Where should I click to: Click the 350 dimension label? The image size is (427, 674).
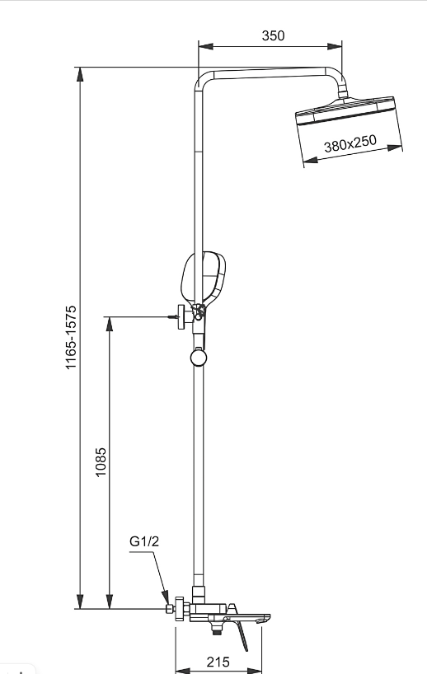pyautogui.click(x=273, y=35)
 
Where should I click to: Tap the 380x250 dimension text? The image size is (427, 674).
pyautogui.click(x=350, y=143)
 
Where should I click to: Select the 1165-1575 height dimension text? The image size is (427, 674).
pyautogui.click(x=71, y=337)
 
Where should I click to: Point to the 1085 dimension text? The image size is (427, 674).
pyautogui.click(x=101, y=462)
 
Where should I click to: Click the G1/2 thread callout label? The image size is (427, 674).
pyautogui.click(x=144, y=541)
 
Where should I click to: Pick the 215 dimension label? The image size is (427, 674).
pyautogui.click(x=218, y=662)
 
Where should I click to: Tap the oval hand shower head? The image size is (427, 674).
pyautogui.click(x=204, y=277)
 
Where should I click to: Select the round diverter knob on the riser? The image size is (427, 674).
pyautogui.click(x=198, y=358)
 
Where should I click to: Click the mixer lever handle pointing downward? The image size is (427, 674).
pyautogui.click(x=242, y=634)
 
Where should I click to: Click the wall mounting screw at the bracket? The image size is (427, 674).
pyautogui.click(x=173, y=317)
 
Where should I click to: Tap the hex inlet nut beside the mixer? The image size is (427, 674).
pyautogui.click(x=171, y=608)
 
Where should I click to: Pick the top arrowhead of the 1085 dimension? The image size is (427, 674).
pyautogui.click(x=110, y=324)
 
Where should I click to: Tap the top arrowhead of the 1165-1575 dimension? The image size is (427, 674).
pyautogui.click(x=80, y=74)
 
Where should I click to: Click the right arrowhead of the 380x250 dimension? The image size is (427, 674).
pyautogui.click(x=395, y=147)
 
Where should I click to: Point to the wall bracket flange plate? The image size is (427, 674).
pyautogui.click(x=181, y=316)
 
